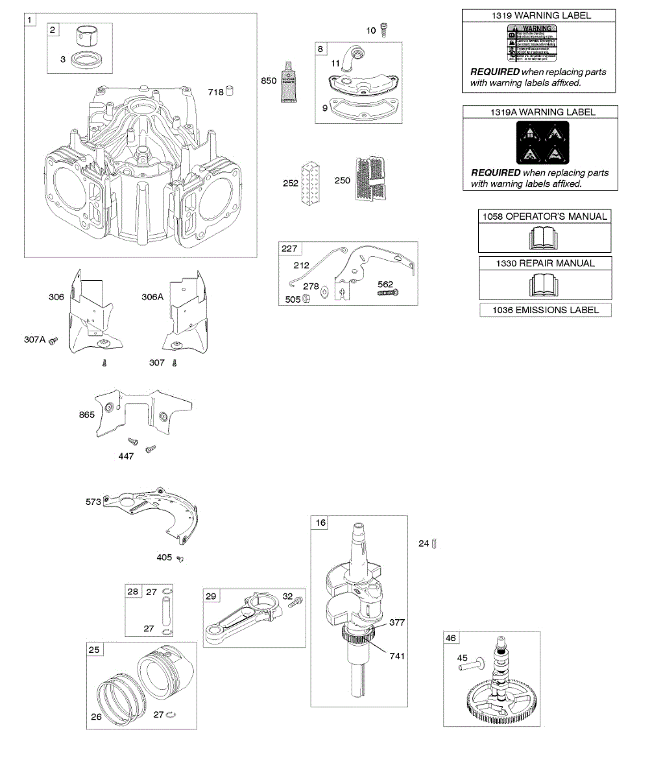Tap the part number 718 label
(216, 92)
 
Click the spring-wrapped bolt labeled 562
(387, 293)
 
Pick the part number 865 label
(87, 414)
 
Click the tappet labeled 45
(474, 664)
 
